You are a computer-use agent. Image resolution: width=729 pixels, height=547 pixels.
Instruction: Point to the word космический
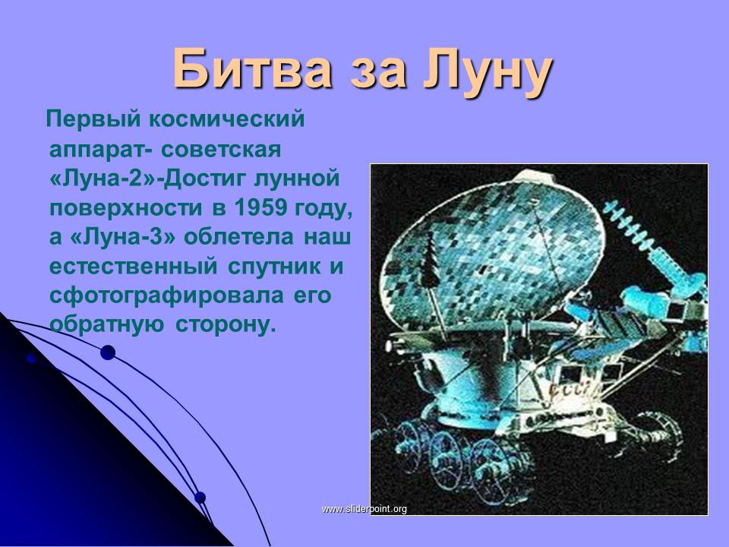pos(227,119)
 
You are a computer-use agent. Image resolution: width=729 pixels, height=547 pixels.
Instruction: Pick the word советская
pos(221,150)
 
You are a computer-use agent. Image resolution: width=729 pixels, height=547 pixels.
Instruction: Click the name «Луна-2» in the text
pos(103,179)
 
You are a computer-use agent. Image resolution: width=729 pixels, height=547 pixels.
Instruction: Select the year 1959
pos(260,208)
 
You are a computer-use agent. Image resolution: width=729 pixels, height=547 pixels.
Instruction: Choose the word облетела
pos(239,237)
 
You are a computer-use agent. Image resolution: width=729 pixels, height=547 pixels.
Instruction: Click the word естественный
pos(134,267)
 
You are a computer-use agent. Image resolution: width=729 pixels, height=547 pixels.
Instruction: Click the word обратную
pos(106,324)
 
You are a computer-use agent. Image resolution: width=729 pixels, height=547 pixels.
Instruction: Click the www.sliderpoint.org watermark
pos(364,509)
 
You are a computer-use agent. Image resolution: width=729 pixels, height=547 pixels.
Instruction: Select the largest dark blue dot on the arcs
pos(108,353)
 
